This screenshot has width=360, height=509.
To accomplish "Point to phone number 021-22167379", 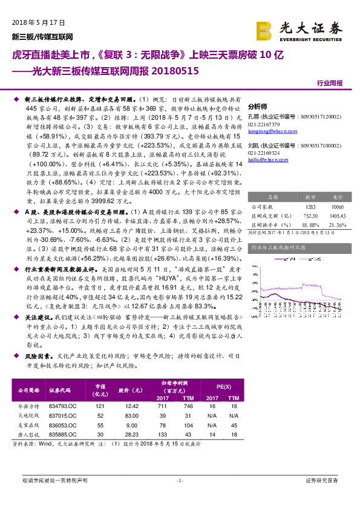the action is point(267,124).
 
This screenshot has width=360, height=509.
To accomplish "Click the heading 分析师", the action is point(258,104).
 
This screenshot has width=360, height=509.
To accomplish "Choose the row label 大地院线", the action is point(28,417).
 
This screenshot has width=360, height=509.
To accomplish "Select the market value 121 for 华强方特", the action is point(94,406).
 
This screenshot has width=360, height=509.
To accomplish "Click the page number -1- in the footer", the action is point(180,481).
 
